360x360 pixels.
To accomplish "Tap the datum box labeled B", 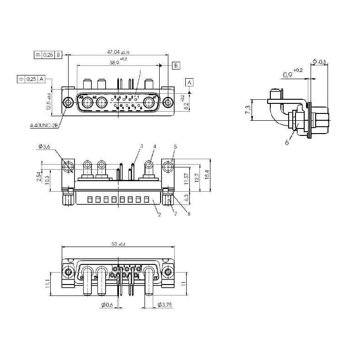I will coord(176,66).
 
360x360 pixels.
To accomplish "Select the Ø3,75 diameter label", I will coord(164,305).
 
